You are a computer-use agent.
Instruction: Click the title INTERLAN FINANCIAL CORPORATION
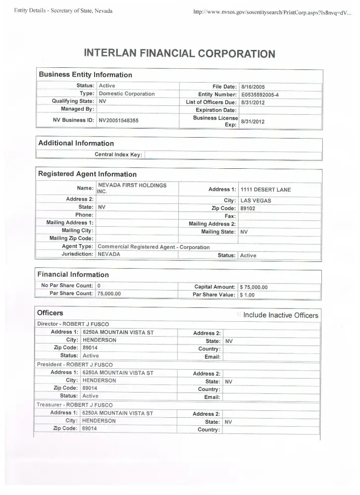tap(179, 53)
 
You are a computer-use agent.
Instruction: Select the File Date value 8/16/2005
tap(254, 87)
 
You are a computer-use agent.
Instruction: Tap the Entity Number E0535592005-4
tap(260, 95)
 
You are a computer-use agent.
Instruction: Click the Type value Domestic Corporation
tap(127, 94)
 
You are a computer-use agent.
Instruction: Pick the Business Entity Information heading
tap(85, 75)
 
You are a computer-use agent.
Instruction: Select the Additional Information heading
tap(76, 144)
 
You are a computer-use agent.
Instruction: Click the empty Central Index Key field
tap(233, 155)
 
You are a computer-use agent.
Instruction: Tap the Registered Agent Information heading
tap(87, 174)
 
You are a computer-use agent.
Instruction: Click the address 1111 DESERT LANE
tap(265, 190)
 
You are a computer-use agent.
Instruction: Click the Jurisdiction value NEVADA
tap(109, 254)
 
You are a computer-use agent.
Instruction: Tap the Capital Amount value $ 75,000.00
tap(254, 287)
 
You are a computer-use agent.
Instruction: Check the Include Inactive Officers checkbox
tap(240, 314)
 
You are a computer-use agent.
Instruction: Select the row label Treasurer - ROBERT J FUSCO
tap(75, 405)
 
